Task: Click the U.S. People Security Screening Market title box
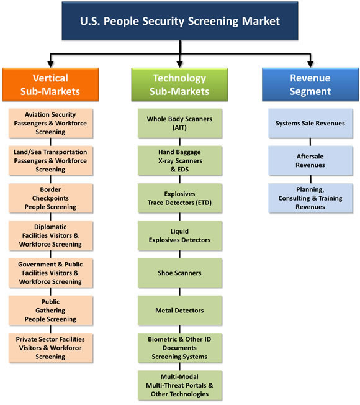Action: coord(180,20)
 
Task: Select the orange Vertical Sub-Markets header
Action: coord(50,84)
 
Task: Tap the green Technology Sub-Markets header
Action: coord(179,84)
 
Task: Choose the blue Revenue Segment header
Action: coord(310,84)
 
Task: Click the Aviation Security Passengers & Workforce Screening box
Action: coord(50,123)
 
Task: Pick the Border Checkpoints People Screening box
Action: coord(50,198)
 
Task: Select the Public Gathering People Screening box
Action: coord(50,311)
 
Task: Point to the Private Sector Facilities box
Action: coord(50,348)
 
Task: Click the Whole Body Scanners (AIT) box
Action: coord(179,123)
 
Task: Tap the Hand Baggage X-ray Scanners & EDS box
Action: coord(179,161)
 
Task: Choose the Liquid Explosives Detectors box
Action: coord(179,235)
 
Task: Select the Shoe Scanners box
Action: coord(179,273)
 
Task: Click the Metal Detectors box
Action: coord(179,311)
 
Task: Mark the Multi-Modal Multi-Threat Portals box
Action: coord(179,385)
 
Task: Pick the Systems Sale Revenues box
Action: coord(310,123)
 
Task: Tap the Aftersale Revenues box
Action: coord(310,161)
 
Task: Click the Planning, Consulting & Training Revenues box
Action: coord(310,198)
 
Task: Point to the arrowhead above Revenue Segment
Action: coord(310,65)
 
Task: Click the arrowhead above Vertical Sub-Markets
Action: coord(50,65)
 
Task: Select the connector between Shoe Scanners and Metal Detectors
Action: coord(179,292)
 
